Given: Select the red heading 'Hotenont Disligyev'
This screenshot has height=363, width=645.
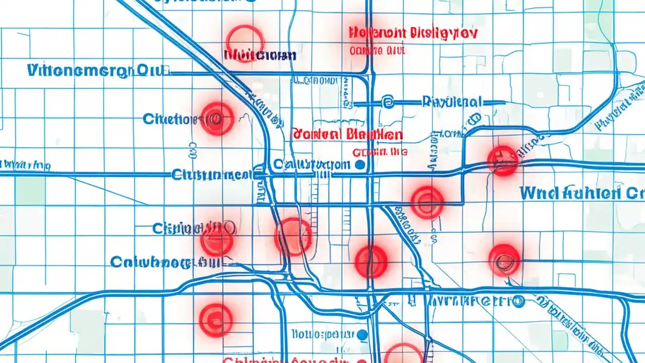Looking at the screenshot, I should click(412, 34).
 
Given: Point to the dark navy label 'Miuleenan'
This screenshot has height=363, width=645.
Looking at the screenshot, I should click(261, 55).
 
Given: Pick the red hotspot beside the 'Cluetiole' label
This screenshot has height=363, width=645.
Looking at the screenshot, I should click(217, 118).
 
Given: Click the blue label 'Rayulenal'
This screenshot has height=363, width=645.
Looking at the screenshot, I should click(453, 102).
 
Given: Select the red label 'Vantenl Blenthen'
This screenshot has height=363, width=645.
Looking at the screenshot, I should click(347, 135).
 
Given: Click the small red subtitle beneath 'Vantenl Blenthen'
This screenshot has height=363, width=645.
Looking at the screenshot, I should click(379, 151).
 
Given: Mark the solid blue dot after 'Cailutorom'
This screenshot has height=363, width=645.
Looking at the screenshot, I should click(360, 165).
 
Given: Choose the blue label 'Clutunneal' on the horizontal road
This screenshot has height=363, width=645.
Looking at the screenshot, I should click(212, 175).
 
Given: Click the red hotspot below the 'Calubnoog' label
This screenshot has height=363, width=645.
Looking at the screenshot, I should click(216, 320).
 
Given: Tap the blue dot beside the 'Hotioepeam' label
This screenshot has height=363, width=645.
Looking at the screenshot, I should click(362, 334).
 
